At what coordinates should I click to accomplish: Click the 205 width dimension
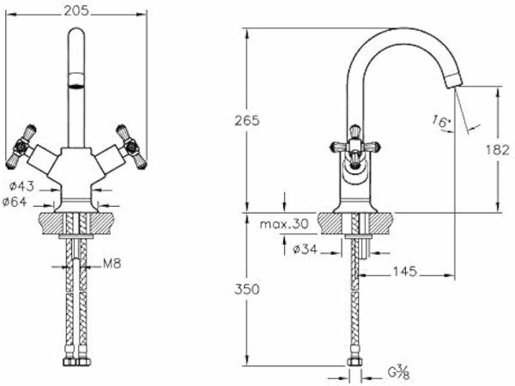tap(76, 11)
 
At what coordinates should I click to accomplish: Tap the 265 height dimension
tap(246, 121)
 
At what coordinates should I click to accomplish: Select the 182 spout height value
tap(497, 150)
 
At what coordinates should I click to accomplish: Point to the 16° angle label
tap(441, 121)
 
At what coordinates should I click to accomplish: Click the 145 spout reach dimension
tap(404, 271)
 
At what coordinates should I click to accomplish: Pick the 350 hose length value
tap(246, 289)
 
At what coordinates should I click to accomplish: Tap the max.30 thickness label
tap(284, 224)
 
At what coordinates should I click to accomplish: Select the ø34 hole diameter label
tap(305, 250)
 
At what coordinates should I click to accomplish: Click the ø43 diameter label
tap(21, 186)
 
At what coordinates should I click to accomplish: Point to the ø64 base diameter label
tap(15, 202)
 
